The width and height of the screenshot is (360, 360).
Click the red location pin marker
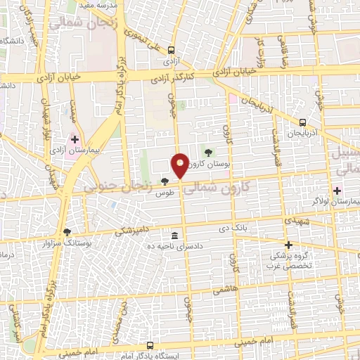pos(181,165)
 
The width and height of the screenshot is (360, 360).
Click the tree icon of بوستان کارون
pos(207,151)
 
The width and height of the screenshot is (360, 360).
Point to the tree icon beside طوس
pos(165,181)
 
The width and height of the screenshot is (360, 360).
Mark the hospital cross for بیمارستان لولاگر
pos(336,190)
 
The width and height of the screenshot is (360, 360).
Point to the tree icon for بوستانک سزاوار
pos(67,231)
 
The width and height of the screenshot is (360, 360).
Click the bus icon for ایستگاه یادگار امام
pos(150,345)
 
